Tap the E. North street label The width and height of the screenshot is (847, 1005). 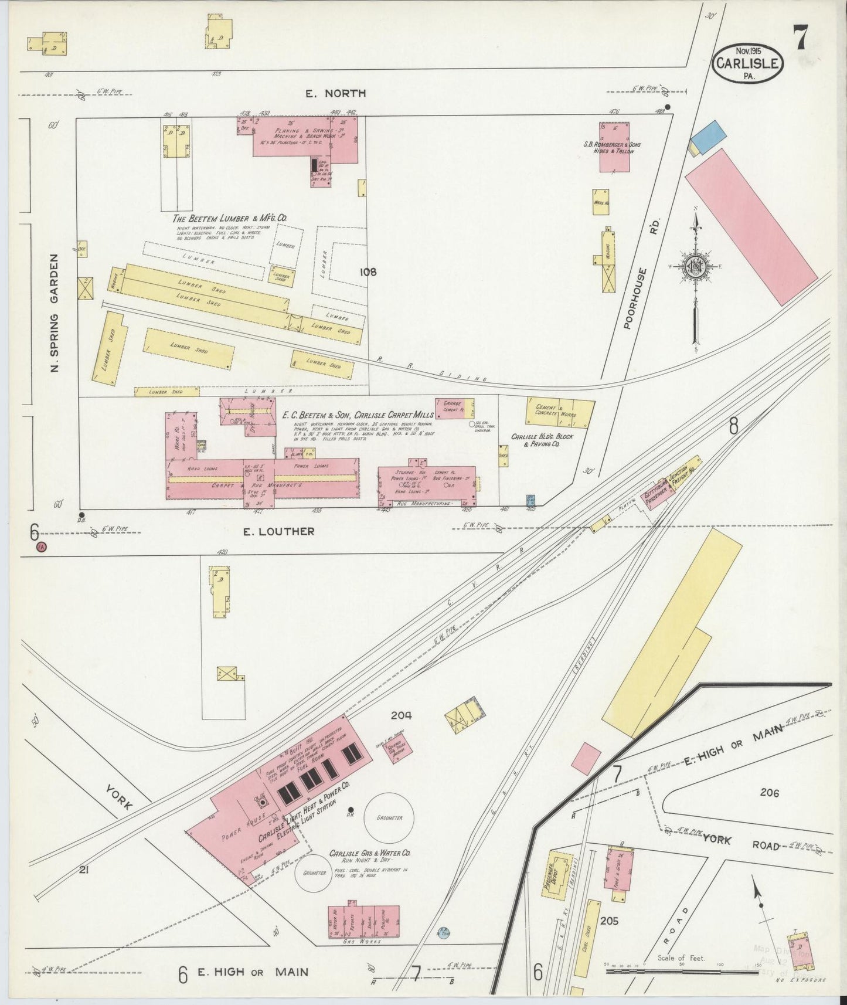coord(335,93)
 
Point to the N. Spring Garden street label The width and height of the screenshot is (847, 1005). coord(55,313)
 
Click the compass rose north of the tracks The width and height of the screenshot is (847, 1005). coord(696,267)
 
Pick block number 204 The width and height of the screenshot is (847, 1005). coord(402,715)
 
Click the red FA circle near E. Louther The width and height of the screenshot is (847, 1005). coord(40,546)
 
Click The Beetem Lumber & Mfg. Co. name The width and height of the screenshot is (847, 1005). coord(230,218)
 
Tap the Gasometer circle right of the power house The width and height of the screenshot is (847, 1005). coord(389,817)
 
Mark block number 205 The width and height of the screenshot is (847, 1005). coord(610,921)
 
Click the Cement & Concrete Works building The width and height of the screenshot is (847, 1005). coord(560,411)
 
